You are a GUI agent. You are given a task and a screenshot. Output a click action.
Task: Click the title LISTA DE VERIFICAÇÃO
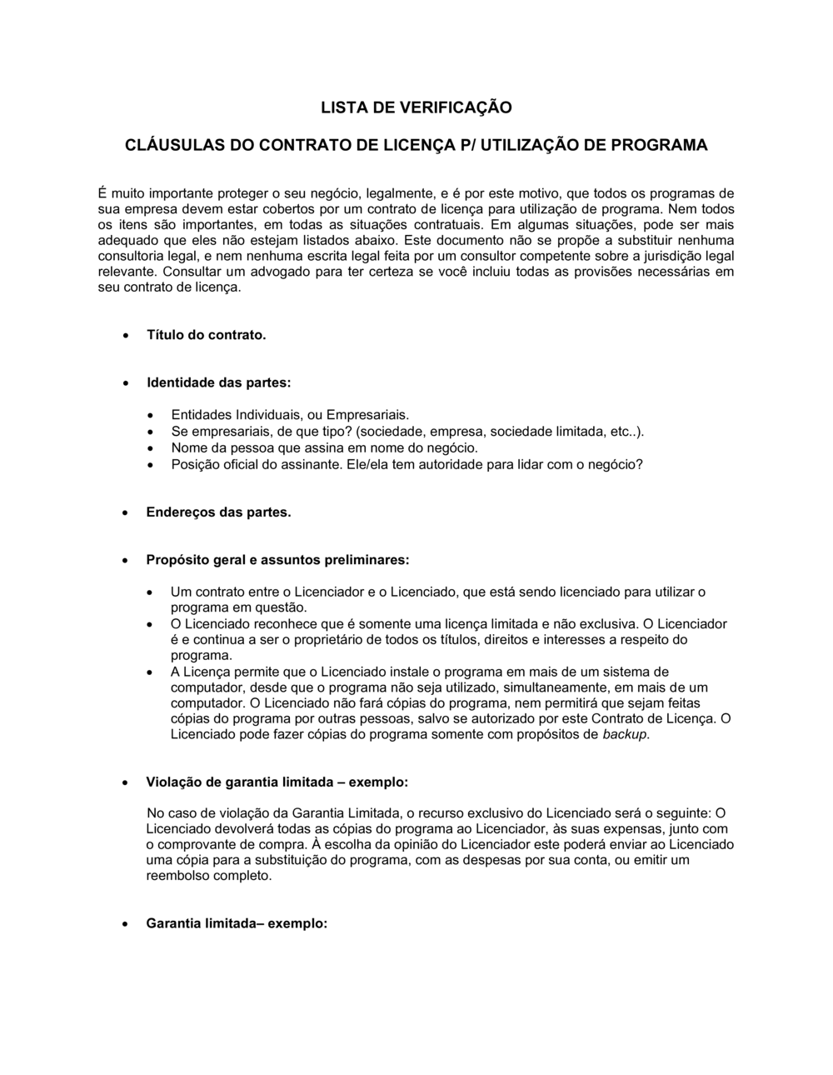(x=416, y=107)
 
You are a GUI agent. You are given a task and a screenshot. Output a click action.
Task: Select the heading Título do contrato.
(x=206, y=335)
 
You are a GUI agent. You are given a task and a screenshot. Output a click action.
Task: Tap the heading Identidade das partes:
(x=218, y=382)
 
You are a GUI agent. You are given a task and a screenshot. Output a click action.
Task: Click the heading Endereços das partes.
(x=218, y=512)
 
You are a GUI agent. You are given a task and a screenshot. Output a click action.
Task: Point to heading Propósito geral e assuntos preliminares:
(x=277, y=559)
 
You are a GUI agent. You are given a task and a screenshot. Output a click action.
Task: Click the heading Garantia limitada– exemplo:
(x=237, y=923)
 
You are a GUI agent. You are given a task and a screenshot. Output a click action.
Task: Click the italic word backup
(x=624, y=734)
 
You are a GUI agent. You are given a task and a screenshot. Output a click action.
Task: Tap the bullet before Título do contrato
(x=124, y=336)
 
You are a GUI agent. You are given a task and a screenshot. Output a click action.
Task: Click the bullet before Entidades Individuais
(x=149, y=415)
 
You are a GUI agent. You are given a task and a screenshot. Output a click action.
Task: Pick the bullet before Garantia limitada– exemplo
(x=124, y=924)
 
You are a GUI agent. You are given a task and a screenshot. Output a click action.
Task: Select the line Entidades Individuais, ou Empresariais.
(x=290, y=414)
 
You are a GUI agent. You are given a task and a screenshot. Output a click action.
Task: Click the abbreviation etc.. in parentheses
(x=623, y=431)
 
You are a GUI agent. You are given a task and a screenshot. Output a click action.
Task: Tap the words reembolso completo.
(x=208, y=876)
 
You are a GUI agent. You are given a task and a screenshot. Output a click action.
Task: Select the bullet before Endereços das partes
(x=124, y=512)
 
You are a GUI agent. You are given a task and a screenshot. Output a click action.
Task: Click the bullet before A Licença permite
(x=149, y=672)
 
